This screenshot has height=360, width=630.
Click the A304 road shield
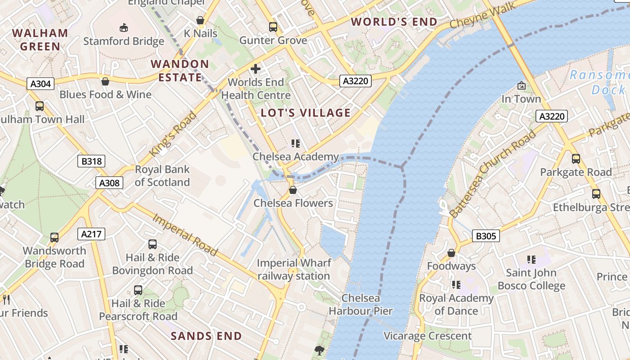(x=40, y=84)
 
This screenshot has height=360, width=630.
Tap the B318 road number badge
(x=91, y=161)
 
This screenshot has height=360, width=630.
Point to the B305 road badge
(x=486, y=236)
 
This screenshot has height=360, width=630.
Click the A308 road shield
(x=109, y=183)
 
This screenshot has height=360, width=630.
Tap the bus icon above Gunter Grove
(x=273, y=27)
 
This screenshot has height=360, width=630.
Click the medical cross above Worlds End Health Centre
(x=256, y=69)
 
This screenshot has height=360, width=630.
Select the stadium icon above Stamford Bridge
(x=124, y=28)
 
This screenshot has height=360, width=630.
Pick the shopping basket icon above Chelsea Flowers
(x=293, y=190)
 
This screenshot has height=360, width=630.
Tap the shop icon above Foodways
(x=451, y=253)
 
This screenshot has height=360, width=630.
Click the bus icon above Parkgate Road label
(x=576, y=158)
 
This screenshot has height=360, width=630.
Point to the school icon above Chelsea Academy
(x=295, y=144)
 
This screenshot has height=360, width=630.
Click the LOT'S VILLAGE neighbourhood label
(x=306, y=113)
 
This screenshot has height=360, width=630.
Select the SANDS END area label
(x=207, y=336)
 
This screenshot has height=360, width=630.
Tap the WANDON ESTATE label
(x=180, y=71)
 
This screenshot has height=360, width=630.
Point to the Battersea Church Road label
(x=493, y=174)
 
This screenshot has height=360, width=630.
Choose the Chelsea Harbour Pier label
(x=361, y=305)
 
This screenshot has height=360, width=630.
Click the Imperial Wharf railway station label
(x=294, y=270)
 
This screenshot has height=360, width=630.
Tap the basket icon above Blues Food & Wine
(x=105, y=81)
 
